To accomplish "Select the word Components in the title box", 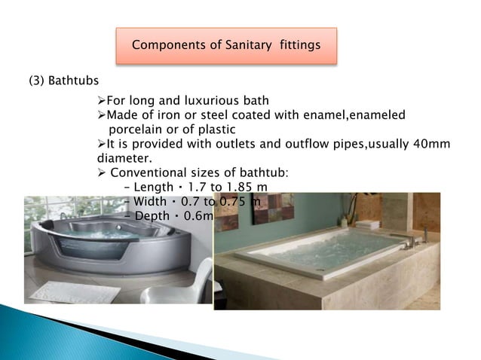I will (x=164, y=45).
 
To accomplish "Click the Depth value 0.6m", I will (x=198, y=215).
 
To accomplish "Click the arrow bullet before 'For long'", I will (x=103, y=101).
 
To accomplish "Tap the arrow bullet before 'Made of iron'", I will (x=103, y=115).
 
